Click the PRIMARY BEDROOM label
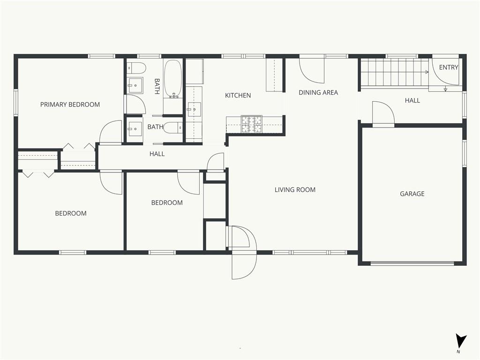click(70, 105)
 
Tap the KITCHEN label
click(238, 96)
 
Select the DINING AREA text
click(318, 92)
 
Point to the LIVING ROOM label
click(295, 190)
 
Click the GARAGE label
click(412, 194)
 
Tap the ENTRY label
click(449, 67)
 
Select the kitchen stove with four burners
click(252, 124)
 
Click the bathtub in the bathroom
click(173, 79)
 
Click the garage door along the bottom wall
click(412, 263)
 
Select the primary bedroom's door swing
click(111, 132)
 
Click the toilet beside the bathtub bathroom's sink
click(136, 68)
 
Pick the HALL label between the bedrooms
click(157, 154)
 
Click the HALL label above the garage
click(412, 100)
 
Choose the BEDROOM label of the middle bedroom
click(167, 202)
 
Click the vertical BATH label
click(157, 86)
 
